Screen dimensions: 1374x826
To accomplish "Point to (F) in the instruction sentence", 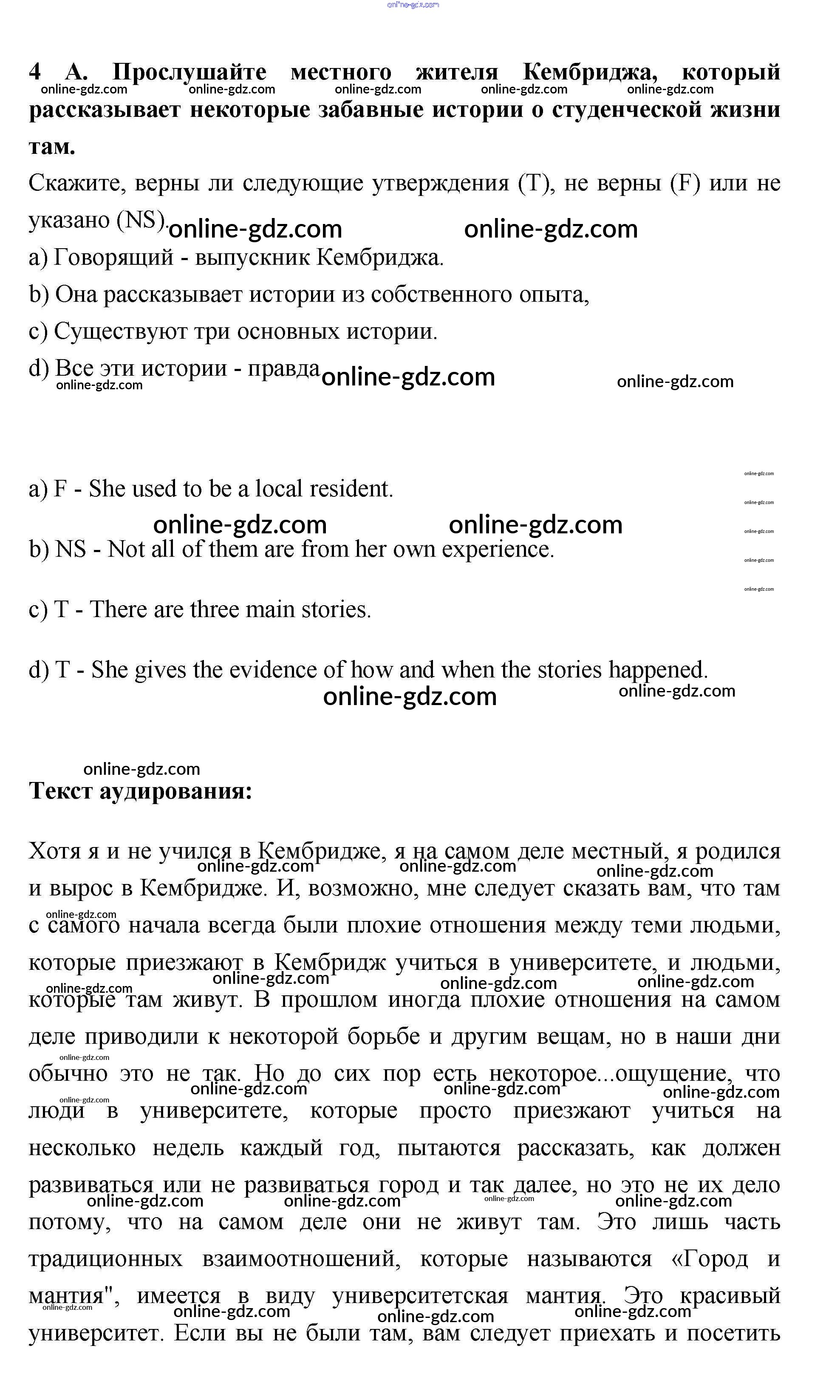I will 685,183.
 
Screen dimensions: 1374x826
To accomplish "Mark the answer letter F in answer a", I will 60,489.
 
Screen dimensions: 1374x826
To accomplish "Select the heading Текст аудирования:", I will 140,790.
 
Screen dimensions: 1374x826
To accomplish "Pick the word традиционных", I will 105,1259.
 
